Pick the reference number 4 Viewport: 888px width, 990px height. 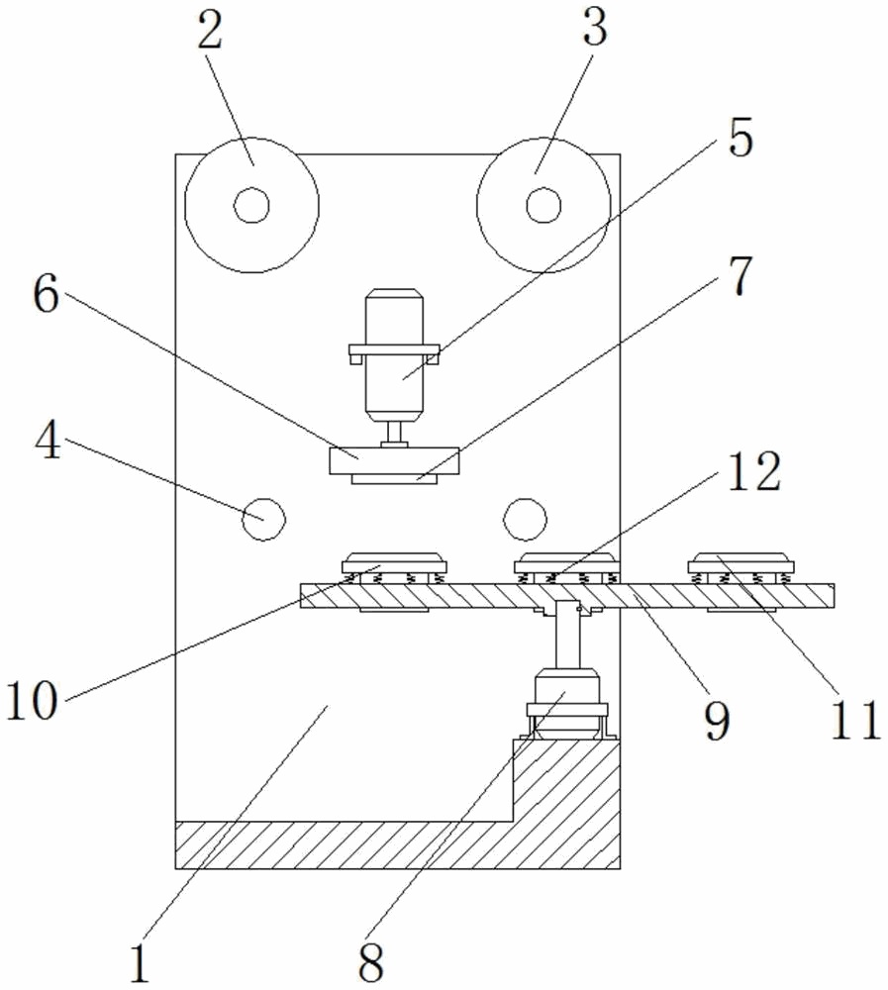pos(47,445)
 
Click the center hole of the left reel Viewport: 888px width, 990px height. pos(251,206)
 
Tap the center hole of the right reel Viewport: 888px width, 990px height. pos(542,206)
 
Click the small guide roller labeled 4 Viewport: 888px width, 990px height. pos(264,518)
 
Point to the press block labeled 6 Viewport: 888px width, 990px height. pos(394,460)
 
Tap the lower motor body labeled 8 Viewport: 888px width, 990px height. pos(565,698)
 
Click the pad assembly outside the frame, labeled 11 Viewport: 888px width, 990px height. pos(742,566)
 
